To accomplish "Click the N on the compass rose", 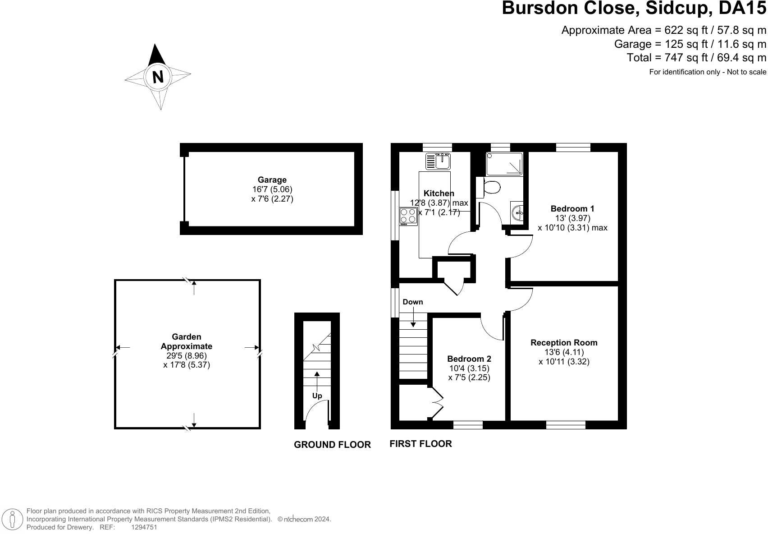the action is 158,77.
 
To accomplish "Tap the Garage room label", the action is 272,180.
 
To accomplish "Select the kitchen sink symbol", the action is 438,161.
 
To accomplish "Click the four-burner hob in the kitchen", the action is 408,216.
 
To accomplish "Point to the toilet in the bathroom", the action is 488,187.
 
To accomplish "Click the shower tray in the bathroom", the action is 504,164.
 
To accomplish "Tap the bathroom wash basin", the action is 517,213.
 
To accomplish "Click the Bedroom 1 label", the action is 572,209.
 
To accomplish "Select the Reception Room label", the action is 564,342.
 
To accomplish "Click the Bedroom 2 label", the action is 469,359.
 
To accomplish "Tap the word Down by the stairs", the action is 413,302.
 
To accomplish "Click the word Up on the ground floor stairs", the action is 317,396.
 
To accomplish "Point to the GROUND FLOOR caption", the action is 332,445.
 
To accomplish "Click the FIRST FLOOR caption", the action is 421,444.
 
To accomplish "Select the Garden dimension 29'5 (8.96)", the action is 187,355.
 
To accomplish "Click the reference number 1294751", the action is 144,527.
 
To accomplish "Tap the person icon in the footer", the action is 12,519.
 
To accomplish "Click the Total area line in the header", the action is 696,58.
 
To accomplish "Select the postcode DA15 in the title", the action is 742,8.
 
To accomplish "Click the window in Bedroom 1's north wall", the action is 573,147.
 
